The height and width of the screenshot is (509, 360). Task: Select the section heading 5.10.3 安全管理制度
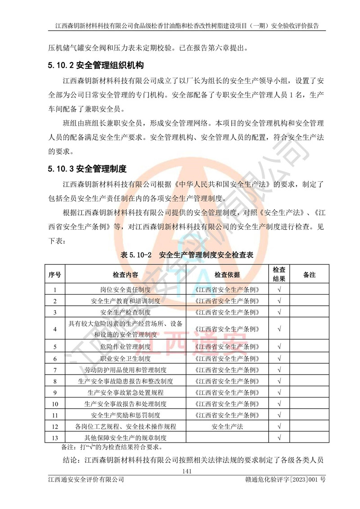[x=88, y=169]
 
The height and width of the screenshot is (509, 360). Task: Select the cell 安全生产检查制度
[x=126, y=312]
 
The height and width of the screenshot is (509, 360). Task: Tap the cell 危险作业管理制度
[x=126, y=347]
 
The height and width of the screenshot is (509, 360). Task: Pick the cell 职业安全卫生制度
[x=126, y=358]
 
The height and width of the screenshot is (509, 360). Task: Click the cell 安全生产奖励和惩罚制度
[x=126, y=415]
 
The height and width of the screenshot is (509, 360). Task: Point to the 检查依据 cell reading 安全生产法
[x=227, y=426]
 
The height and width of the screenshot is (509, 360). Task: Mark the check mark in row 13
[x=279, y=438]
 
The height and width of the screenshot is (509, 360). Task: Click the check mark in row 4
[x=279, y=329]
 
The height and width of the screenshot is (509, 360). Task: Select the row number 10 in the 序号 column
[x=55, y=404]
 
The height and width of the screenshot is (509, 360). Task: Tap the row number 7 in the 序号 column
[x=55, y=370]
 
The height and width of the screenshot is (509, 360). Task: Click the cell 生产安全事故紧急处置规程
[x=126, y=393]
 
